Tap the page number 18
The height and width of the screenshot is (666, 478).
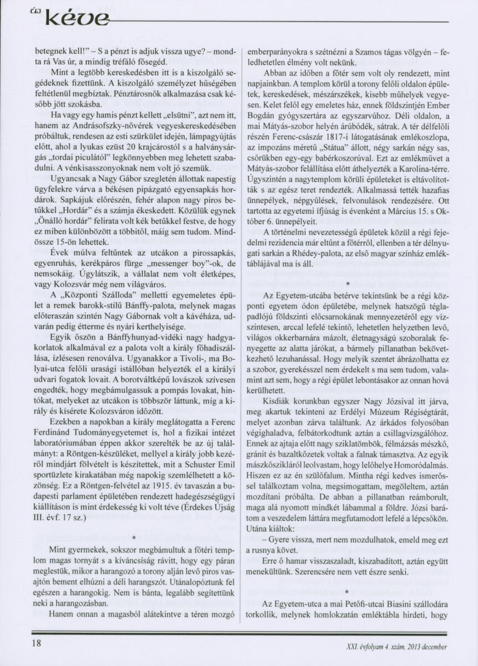tap(37, 643)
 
